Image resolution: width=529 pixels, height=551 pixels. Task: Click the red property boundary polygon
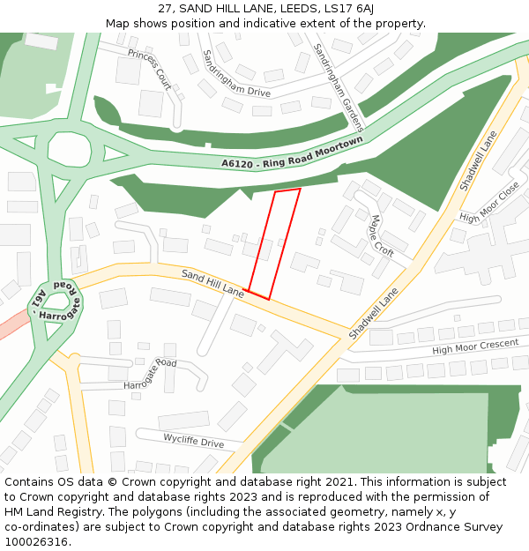[x=274, y=243]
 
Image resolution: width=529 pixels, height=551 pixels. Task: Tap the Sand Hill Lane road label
[x=212, y=282]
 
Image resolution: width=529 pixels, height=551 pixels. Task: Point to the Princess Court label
[x=149, y=69]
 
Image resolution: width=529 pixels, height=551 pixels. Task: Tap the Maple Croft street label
[x=382, y=236]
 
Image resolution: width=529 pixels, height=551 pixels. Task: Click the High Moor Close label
[x=489, y=204]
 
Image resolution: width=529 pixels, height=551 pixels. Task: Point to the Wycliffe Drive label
[x=193, y=440]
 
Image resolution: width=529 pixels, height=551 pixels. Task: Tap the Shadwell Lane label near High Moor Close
[x=479, y=161]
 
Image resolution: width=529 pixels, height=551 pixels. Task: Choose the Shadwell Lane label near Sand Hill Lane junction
[x=374, y=314]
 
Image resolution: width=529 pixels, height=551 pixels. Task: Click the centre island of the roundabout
[x=69, y=150]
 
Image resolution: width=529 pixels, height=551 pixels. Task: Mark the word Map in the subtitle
[x=117, y=23]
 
